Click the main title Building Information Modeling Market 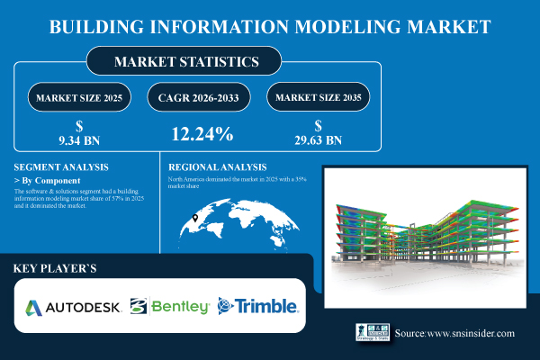pyautogui.click(x=270, y=24)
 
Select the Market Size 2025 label pyautogui.click(x=79, y=96)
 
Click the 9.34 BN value pyautogui.click(x=79, y=140)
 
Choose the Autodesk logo pyautogui.click(x=73, y=306)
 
